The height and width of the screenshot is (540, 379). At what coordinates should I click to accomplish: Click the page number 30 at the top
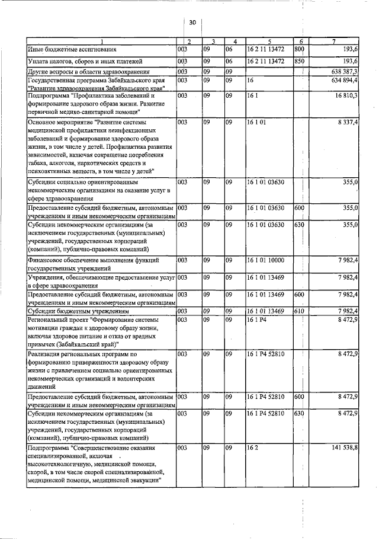click(192, 22)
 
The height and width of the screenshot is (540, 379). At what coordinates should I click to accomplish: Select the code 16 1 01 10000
click(266, 260)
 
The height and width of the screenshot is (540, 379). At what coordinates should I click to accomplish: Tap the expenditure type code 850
click(299, 61)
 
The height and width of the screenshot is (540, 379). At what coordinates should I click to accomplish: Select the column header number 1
click(101, 41)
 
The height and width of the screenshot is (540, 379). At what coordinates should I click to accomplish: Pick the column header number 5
click(269, 41)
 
